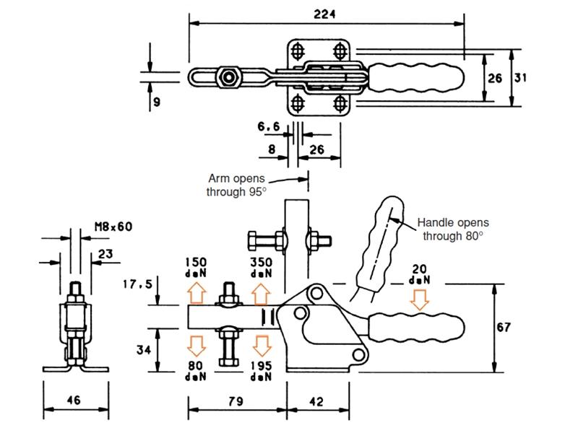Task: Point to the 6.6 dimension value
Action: [x=268, y=127]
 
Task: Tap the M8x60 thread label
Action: [x=113, y=226]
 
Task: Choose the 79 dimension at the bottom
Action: [x=236, y=401]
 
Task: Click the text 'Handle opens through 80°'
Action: [x=452, y=229]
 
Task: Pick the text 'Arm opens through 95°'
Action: [x=237, y=185]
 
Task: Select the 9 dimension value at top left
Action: [x=156, y=102]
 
